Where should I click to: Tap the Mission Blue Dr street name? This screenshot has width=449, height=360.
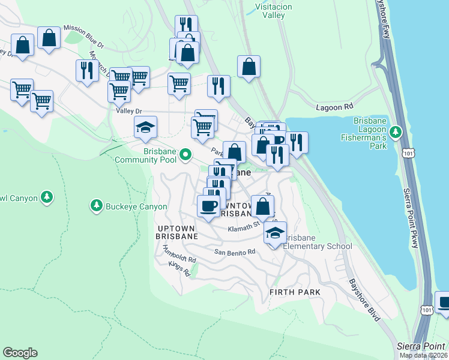83,35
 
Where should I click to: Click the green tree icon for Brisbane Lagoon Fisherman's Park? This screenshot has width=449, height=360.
396,131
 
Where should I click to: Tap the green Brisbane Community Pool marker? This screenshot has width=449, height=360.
185,155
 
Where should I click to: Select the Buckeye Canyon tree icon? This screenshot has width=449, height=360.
95,206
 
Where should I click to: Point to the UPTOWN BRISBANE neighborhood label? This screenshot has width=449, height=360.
177,233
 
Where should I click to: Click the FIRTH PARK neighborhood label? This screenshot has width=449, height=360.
295,292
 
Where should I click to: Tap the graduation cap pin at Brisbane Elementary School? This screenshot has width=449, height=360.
275,232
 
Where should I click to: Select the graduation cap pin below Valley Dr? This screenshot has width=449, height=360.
145,127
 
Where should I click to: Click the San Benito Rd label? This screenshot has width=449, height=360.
235,251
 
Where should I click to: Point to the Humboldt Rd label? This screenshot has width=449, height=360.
182,260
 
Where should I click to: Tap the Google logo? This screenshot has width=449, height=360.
20,353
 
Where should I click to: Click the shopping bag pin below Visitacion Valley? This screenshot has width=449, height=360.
249,66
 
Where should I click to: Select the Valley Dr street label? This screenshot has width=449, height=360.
128,111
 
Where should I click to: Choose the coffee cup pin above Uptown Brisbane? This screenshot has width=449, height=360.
208,206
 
